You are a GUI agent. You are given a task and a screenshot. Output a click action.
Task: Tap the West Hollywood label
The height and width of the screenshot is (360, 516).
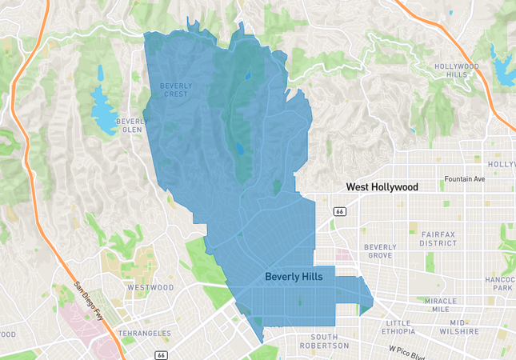(382, 186)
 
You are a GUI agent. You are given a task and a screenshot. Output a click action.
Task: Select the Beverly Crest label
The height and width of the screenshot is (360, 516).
(174, 90)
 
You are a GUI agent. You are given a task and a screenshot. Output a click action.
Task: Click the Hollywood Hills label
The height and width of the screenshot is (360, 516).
(456, 70)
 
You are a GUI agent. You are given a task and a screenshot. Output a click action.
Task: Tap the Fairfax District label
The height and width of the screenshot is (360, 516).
(438, 238)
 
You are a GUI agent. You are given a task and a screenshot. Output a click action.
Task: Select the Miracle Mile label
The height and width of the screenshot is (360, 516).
(440, 305)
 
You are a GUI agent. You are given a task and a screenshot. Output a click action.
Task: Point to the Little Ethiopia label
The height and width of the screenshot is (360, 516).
(398, 326)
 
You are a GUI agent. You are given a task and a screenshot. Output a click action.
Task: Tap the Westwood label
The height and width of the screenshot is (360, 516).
(150, 286)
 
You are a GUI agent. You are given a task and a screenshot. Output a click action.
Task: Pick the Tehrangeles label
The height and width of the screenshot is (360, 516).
(145, 332)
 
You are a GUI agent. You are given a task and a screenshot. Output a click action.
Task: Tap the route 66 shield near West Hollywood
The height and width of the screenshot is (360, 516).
(339, 210)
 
